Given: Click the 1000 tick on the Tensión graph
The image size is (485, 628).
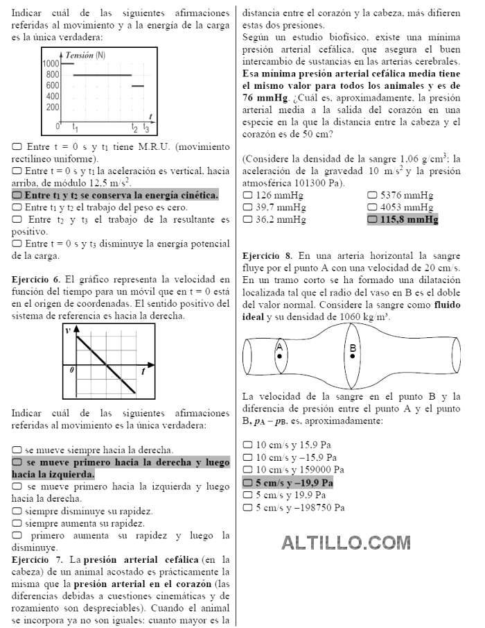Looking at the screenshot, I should (x=51, y=63).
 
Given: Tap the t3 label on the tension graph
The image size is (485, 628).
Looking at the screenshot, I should (x=145, y=128).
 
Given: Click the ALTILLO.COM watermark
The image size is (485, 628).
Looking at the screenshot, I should (x=346, y=542).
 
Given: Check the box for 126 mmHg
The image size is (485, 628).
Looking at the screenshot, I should (x=247, y=195).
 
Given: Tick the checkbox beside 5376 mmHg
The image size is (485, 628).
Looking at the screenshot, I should (x=372, y=195).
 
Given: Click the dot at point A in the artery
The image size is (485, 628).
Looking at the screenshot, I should (x=279, y=356).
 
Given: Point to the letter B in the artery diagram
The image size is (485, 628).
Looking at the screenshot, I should (x=353, y=347).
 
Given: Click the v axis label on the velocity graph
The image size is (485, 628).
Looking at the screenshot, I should (x=68, y=330).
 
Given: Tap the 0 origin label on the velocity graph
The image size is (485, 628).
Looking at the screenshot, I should (x=71, y=370).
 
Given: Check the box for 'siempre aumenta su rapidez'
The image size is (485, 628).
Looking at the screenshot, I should (x=17, y=523).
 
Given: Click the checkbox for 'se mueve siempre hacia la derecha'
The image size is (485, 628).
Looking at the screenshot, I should (x=17, y=450).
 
